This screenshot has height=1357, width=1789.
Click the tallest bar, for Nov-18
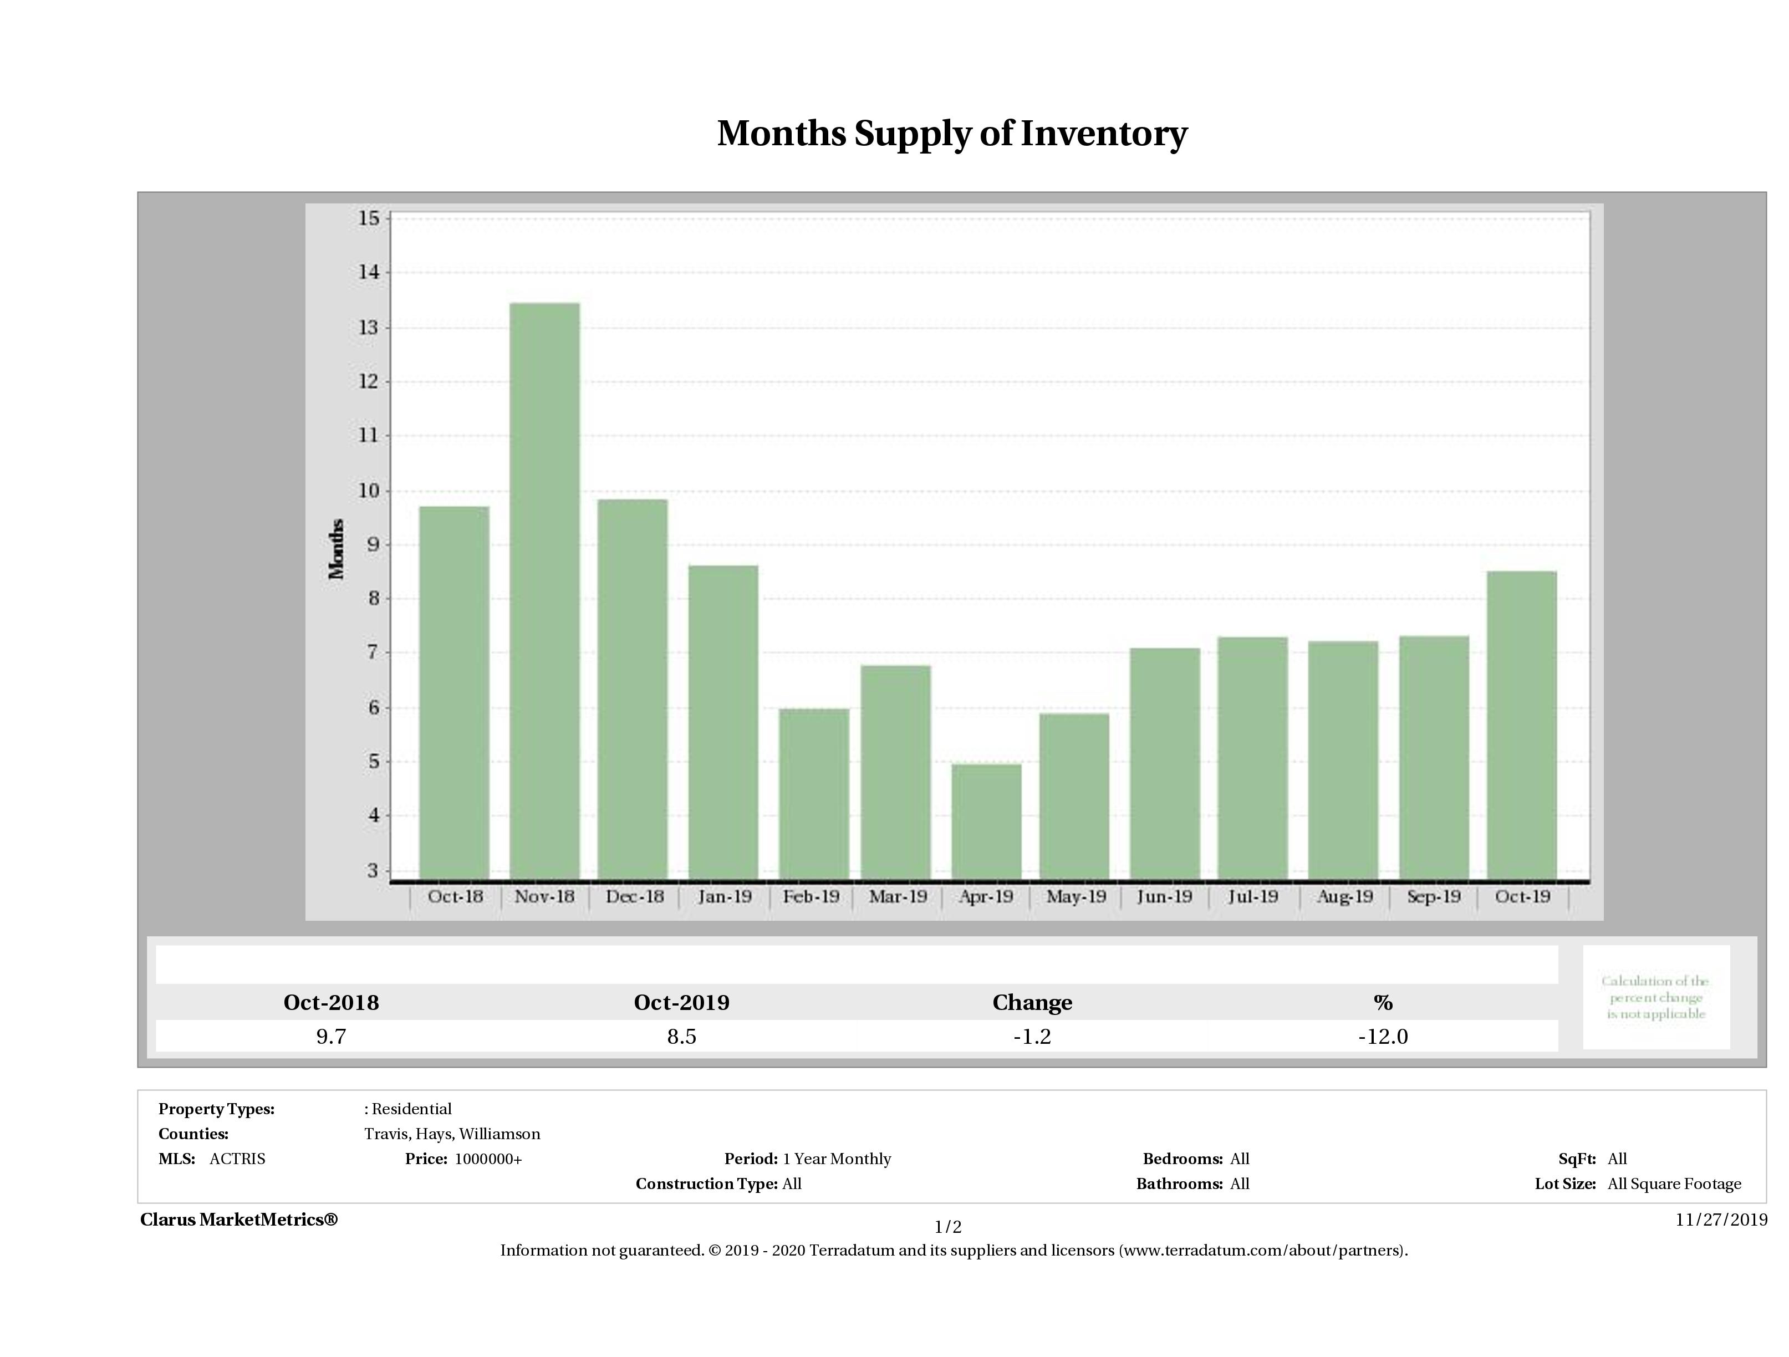point(544,590)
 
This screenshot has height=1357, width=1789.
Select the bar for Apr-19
point(986,821)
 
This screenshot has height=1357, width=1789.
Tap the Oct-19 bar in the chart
point(1521,725)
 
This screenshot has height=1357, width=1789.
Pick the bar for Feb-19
point(814,793)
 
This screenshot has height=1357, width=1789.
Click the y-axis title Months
point(337,549)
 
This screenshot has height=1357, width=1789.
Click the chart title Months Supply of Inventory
point(952,134)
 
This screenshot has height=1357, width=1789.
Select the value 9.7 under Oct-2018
point(331,1037)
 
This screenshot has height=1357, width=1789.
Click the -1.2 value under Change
point(1032,1037)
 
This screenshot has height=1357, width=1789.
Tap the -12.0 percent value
point(1382,1037)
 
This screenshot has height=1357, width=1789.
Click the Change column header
point(1032,1003)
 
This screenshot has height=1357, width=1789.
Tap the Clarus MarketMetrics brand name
point(238,1220)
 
